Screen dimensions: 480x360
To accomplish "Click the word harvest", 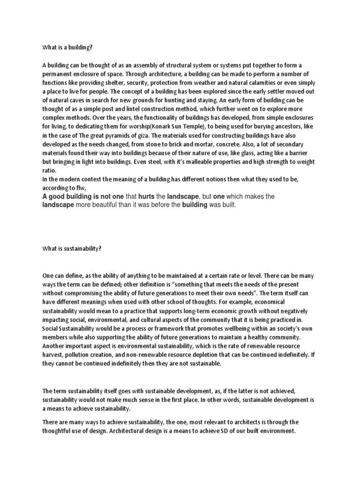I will tap(52, 355).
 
